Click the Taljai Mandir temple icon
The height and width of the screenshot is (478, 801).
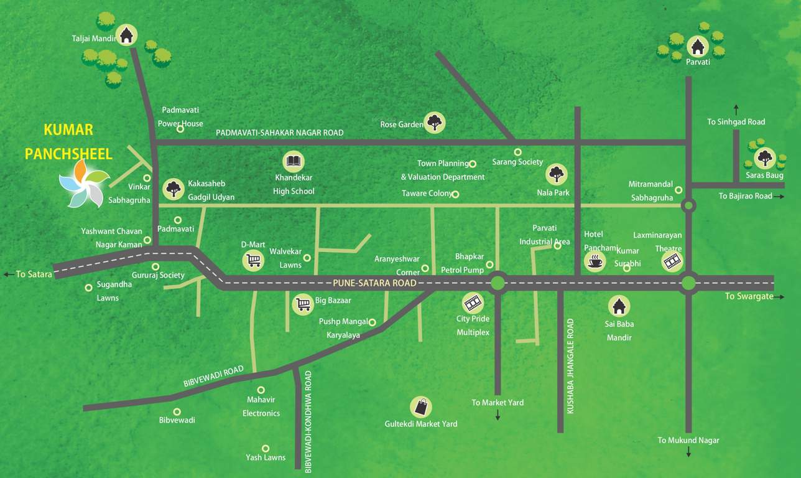[127, 35]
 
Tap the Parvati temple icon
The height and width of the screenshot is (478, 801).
[698, 46]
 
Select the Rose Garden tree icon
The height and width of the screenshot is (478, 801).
[434, 122]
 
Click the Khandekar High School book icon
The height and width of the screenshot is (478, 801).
[294, 162]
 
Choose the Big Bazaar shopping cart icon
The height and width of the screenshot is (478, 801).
[303, 303]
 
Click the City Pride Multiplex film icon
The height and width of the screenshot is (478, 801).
[473, 303]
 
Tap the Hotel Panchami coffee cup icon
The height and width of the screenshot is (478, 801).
[595, 261]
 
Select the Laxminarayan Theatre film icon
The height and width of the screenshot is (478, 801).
[672, 261]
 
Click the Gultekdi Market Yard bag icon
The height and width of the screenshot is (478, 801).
[421, 407]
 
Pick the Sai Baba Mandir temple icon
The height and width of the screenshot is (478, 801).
[618, 306]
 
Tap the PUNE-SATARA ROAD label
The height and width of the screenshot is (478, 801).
[374, 283]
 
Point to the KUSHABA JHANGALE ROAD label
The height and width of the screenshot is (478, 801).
[570, 366]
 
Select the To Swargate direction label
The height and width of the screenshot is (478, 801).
[749, 296]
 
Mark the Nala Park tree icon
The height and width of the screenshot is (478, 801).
[557, 174]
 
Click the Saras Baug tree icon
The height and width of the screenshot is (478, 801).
[764, 157]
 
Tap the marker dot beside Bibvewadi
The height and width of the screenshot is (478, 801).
[177, 411]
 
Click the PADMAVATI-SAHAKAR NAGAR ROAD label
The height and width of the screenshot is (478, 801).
[279, 133]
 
